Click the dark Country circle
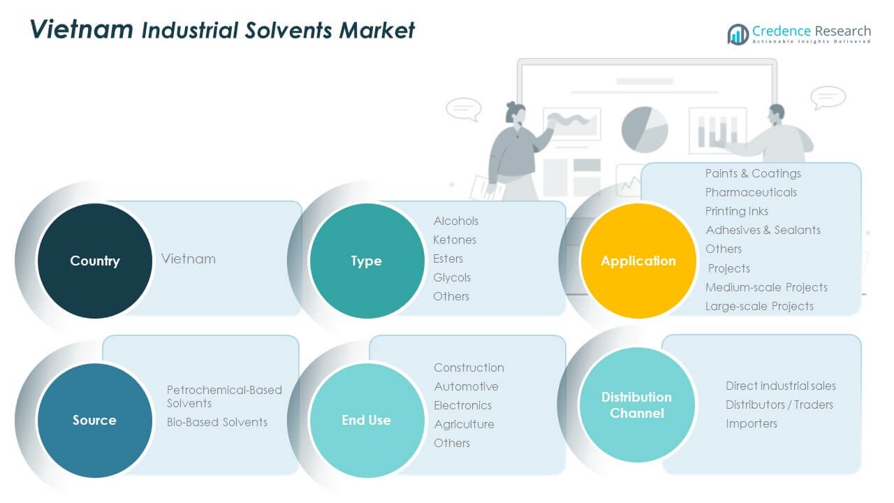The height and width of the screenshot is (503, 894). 94,261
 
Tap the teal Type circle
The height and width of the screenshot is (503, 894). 366,261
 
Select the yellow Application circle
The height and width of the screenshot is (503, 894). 638,261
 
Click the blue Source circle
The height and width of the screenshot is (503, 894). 94,420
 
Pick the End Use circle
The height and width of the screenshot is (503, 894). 366,420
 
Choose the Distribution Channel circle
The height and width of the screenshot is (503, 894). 636,404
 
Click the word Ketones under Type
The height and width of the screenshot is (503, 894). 455,240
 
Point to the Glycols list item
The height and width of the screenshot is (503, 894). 452,277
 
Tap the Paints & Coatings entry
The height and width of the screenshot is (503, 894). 753,173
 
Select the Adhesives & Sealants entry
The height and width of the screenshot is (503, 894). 763,230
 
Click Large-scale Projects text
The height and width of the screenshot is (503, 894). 759,306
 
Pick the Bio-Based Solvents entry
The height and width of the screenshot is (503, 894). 217,422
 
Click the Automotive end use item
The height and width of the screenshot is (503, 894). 466,386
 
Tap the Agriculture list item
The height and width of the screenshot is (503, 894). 464,424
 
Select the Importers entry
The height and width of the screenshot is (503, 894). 751,423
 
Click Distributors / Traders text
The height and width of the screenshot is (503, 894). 779,404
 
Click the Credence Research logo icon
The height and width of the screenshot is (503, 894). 738,34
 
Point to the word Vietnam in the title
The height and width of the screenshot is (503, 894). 82,29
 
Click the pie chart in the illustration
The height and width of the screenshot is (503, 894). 644,129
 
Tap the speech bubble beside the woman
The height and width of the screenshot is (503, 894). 463,108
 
